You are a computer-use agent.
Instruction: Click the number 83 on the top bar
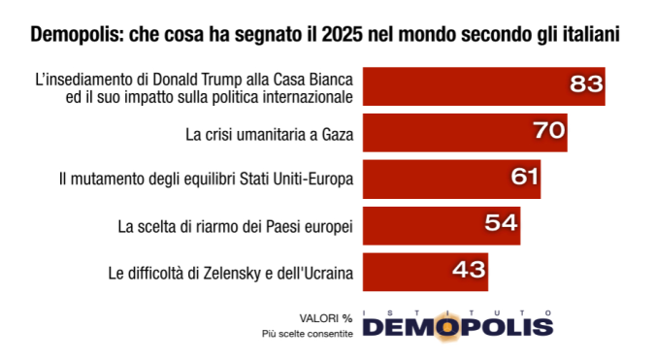tap(586, 85)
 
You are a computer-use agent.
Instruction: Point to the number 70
tap(549, 131)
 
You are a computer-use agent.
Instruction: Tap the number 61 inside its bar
tap(522, 178)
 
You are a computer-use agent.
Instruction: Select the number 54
tap(502, 224)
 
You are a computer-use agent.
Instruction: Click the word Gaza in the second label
tap(330, 134)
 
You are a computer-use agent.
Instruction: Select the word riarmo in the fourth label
tap(204, 226)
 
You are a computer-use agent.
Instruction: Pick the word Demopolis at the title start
tap(74, 35)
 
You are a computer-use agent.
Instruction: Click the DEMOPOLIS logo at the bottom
tap(457, 326)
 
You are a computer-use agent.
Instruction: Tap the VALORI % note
tap(325, 317)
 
